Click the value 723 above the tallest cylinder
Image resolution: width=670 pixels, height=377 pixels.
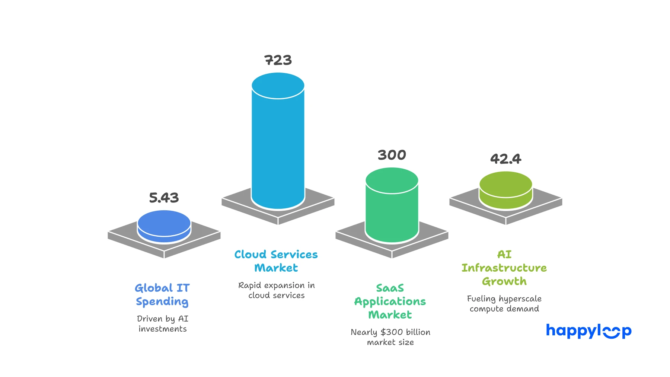[278, 60]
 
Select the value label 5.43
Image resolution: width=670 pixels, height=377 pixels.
[164, 198]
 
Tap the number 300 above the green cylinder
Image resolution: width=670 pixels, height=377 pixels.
[392, 155]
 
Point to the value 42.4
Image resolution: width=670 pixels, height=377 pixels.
[505, 159]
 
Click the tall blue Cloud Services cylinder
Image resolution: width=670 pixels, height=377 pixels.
[278, 149]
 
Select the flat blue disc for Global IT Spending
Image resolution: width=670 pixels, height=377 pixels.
[164, 225]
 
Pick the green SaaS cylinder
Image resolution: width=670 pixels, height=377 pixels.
[392, 212]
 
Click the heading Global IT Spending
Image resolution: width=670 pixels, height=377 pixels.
[162, 294]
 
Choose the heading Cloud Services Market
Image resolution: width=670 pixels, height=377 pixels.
[276, 261]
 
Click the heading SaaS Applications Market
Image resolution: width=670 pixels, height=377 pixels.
[390, 301]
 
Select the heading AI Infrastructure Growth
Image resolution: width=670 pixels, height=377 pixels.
[504, 268]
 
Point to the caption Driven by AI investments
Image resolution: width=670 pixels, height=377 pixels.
[163, 323]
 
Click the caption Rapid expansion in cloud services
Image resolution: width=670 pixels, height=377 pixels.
[277, 290]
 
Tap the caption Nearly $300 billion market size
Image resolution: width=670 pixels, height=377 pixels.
[390, 337]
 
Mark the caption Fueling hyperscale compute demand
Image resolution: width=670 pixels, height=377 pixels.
[504, 303]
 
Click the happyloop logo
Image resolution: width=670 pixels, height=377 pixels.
[588, 330]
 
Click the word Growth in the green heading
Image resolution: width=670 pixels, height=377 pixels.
[504, 281]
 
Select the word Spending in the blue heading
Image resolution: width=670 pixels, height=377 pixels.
[162, 301]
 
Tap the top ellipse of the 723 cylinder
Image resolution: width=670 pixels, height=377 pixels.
[278, 85]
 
